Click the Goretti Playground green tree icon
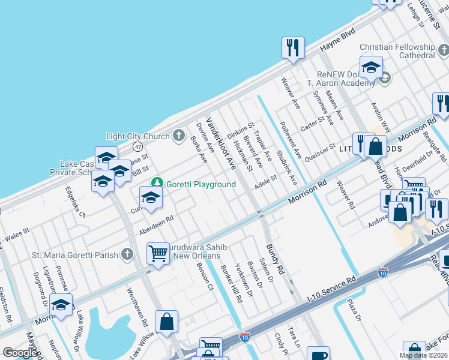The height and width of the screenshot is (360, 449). point(157,182)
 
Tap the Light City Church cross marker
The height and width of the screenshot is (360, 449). point(178,136)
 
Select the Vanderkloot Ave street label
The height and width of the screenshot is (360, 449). point(221,142)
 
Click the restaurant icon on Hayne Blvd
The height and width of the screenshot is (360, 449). point(293,48)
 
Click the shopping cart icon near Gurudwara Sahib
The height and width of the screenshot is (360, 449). point(158,253)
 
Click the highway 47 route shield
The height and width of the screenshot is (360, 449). point(138,146)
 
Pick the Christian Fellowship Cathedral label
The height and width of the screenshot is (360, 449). point(397,51)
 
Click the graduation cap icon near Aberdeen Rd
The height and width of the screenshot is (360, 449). point(151,197)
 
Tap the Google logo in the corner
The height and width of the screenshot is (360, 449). point(20,353)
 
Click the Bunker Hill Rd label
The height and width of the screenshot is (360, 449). point(231,283)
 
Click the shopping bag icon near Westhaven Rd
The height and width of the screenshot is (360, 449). point(167,321)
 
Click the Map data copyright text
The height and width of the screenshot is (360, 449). point(423,355)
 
